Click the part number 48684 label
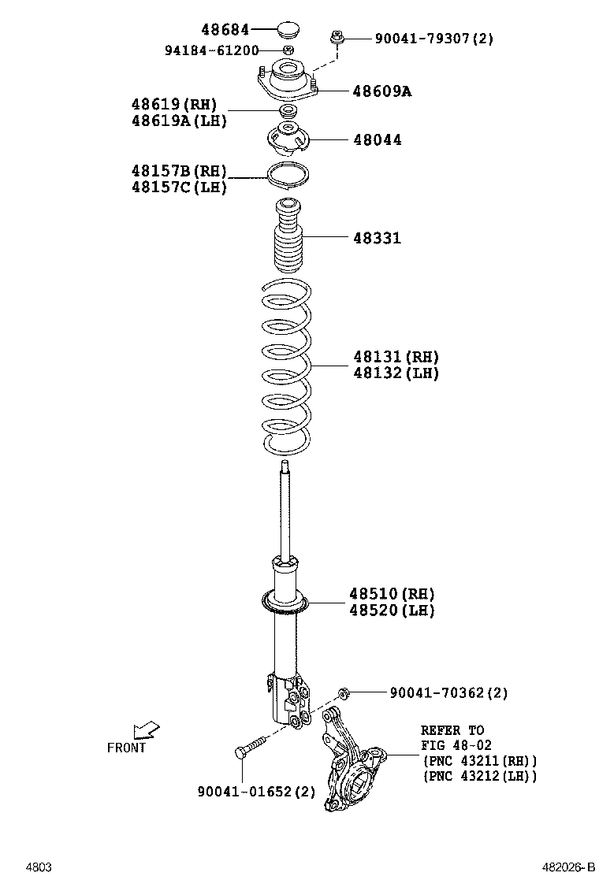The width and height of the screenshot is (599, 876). (x=225, y=30)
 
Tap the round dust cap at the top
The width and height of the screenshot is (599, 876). (x=288, y=32)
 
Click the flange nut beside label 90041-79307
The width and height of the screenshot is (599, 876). (x=337, y=36)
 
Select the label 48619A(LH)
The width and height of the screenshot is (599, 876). (x=180, y=121)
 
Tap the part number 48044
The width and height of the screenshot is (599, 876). (x=377, y=140)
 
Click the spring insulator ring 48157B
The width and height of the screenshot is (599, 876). (x=288, y=175)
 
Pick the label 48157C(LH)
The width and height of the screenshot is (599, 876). (x=179, y=187)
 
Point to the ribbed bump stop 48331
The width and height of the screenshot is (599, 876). (x=288, y=238)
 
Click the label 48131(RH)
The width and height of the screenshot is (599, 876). (x=396, y=357)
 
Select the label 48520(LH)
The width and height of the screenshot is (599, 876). (x=392, y=611)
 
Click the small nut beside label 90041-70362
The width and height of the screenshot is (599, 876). (x=344, y=693)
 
